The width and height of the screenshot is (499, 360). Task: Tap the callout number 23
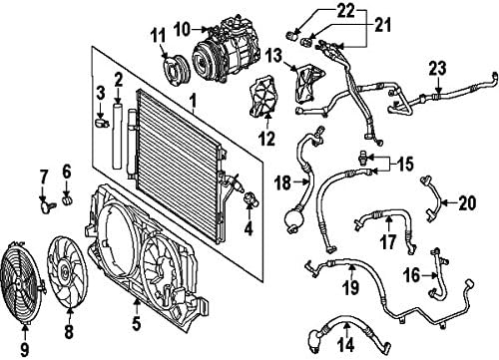coord(436,68)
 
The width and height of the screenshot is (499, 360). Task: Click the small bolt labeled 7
coord(46,206)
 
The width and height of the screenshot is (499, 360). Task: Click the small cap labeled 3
coord(101,126)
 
